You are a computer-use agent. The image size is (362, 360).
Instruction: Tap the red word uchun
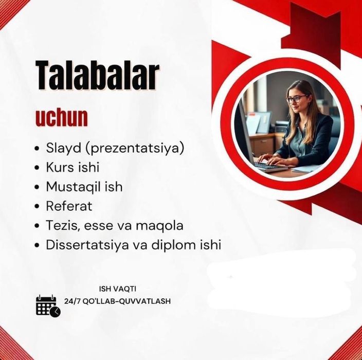[61, 118]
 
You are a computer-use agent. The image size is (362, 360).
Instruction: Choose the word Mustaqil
[71, 187]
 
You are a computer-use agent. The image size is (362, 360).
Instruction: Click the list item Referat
[69, 206]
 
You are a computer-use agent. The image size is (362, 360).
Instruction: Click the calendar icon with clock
[48, 306]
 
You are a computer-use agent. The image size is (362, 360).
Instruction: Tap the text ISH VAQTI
[117, 289]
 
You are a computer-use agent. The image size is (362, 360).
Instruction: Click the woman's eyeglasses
[296, 99]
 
